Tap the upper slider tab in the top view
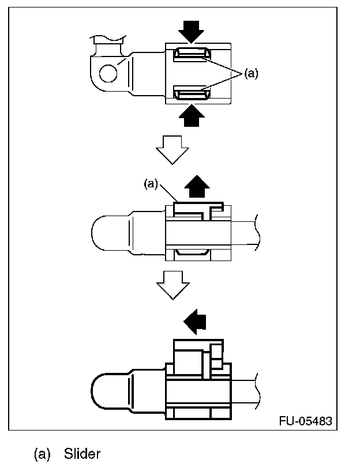click(x=191, y=54)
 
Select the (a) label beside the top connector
click(x=251, y=73)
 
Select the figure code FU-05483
click(x=305, y=421)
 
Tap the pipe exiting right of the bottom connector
click(x=245, y=391)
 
